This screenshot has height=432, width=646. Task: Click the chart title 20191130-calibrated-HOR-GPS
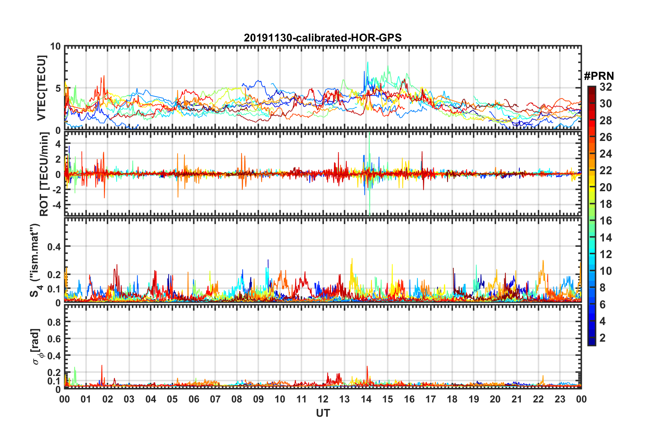[323, 38]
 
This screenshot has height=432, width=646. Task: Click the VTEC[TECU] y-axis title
[41, 88]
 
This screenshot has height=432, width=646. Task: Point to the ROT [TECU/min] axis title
[44, 174]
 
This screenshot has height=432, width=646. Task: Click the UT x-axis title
[323, 413]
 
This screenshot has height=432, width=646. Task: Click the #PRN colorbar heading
[599, 76]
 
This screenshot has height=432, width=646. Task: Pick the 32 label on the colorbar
[606, 87]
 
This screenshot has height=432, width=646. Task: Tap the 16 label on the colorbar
[606, 221]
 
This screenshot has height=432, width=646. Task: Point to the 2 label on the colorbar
[603, 338]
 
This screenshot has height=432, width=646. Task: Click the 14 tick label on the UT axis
[366, 399]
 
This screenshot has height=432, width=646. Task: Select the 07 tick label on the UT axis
[215, 399]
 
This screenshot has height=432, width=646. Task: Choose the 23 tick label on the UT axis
[560, 399]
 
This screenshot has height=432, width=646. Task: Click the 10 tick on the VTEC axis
[55, 47]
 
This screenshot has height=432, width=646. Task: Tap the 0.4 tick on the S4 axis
[54, 247]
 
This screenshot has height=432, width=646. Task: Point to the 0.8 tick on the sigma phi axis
[54, 322]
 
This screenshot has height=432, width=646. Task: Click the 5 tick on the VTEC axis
[58, 88]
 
